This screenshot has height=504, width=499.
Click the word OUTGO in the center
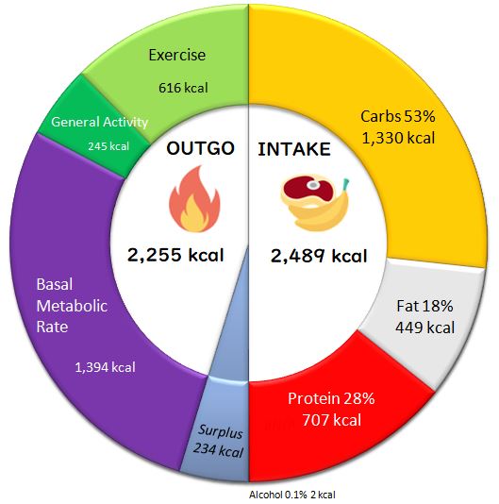point(200,148)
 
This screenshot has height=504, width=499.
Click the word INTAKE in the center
point(294,149)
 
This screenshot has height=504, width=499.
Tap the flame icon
point(194,198)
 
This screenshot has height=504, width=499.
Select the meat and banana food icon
point(315,203)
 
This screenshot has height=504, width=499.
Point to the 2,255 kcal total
point(175,255)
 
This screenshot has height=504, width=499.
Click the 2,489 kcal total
point(319,256)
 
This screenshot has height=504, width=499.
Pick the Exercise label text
point(177,55)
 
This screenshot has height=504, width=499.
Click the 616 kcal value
point(183,88)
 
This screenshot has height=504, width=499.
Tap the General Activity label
point(99,122)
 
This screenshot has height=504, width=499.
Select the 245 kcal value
point(108,146)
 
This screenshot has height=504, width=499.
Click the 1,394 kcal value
point(105,367)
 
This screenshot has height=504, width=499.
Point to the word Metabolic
point(72,306)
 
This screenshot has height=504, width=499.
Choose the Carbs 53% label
point(398,116)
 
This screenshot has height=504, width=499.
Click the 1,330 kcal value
point(398,138)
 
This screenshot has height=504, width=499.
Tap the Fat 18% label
point(424,306)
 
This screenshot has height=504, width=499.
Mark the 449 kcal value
point(424,328)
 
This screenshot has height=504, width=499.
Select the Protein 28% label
point(331,398)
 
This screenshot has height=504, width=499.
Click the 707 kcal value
point(332,420)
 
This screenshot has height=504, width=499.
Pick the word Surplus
point(221,431)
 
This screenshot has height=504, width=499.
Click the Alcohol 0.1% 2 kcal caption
point(292,495)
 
